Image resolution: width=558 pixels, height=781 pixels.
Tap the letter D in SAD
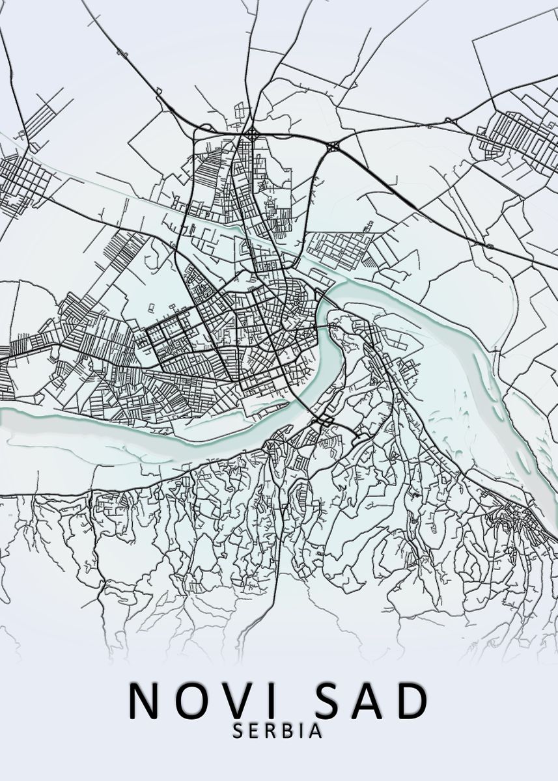point(413,700)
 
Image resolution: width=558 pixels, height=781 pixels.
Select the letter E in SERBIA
point(255,731)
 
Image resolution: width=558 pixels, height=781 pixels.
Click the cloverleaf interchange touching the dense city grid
point(251,135)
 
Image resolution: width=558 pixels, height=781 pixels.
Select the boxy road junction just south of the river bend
point(324,421)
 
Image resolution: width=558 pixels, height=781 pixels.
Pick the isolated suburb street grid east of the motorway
point(514,140)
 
